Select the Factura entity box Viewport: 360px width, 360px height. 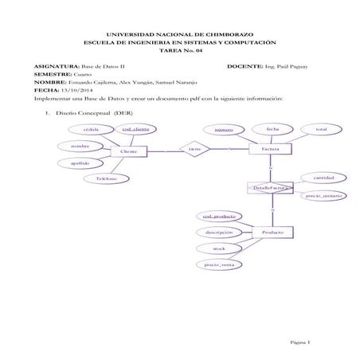[x=269, y=149]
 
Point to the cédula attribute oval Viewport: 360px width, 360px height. [x=90, y=129]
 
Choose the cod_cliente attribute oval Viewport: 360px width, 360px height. [x=135, y=129]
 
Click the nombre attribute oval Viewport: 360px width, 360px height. [x=80, y=146]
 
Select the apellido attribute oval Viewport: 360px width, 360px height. [x=80, y=163]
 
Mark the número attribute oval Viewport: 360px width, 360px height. [x=224, y=129]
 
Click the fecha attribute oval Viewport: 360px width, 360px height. [x=272, y=128]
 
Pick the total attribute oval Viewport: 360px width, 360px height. [x=320, y=129]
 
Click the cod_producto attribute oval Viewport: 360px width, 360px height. [x=218, y=216]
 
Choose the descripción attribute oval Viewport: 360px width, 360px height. [x=218, y=232]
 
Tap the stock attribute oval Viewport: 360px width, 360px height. [x=218, y=248]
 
